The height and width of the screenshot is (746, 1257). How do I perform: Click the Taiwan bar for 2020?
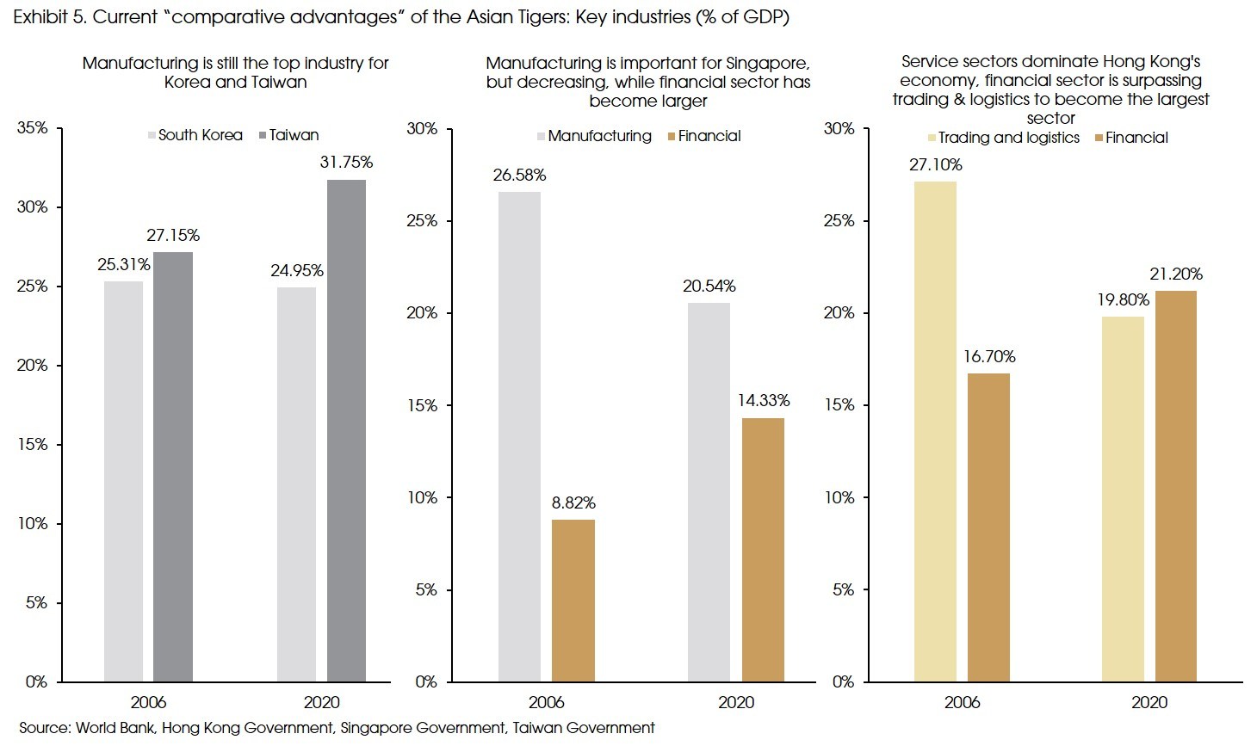(x=346, y=430)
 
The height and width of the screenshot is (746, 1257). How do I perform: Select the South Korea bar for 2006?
(x=123, y=481)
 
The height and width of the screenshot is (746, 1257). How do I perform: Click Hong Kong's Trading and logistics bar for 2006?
(x=935, y=431)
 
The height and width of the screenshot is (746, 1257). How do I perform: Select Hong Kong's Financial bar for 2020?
(x=1175, y=486)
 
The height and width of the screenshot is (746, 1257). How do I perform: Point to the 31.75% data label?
(x=346, y=163)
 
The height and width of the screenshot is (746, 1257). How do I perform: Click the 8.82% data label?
(x=573, y=503)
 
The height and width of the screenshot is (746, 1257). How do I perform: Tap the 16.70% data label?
(x=989, y=357)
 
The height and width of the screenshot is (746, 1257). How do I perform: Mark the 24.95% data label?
(x=297, y=271)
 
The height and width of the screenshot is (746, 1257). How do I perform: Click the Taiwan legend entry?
(x=294, y=135)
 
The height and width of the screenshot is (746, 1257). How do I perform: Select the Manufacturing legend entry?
(x=599, y=136)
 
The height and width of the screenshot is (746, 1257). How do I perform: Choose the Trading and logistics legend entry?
(x=1008, y=138)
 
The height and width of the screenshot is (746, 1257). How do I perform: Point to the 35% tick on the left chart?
(x=33, y=128)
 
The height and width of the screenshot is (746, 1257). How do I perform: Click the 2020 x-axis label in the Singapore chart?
(x=736, y=702)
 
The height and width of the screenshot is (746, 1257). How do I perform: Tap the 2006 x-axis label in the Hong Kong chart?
(x=962, y=702)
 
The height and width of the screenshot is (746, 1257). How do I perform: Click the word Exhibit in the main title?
(x=42, y=17)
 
